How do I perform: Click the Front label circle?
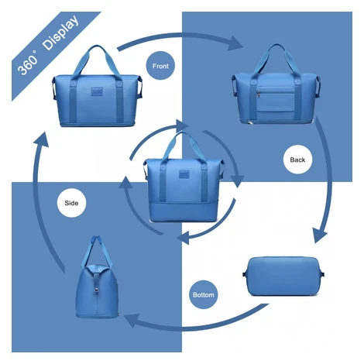point(160,66)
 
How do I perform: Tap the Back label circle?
point(297,160)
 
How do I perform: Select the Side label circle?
point(71,203)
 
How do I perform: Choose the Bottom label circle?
point(204,294)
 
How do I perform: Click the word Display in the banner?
point(61,33)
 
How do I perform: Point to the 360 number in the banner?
point(27,65)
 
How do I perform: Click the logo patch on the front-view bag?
point(97,91)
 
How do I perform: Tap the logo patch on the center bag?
point(184,174)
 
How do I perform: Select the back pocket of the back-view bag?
point(276,99)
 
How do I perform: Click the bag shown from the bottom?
point(283,276)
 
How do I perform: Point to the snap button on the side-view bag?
point(97,290)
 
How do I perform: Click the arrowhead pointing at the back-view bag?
point(235,43)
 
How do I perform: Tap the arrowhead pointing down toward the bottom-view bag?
point(319,235)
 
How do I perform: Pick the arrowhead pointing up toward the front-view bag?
point(42,139)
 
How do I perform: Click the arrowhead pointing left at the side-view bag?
point(132,321)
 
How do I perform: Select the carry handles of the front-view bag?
point(97,62)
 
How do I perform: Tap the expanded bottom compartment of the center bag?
point(184,212)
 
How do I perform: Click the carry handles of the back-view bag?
point(276,61)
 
